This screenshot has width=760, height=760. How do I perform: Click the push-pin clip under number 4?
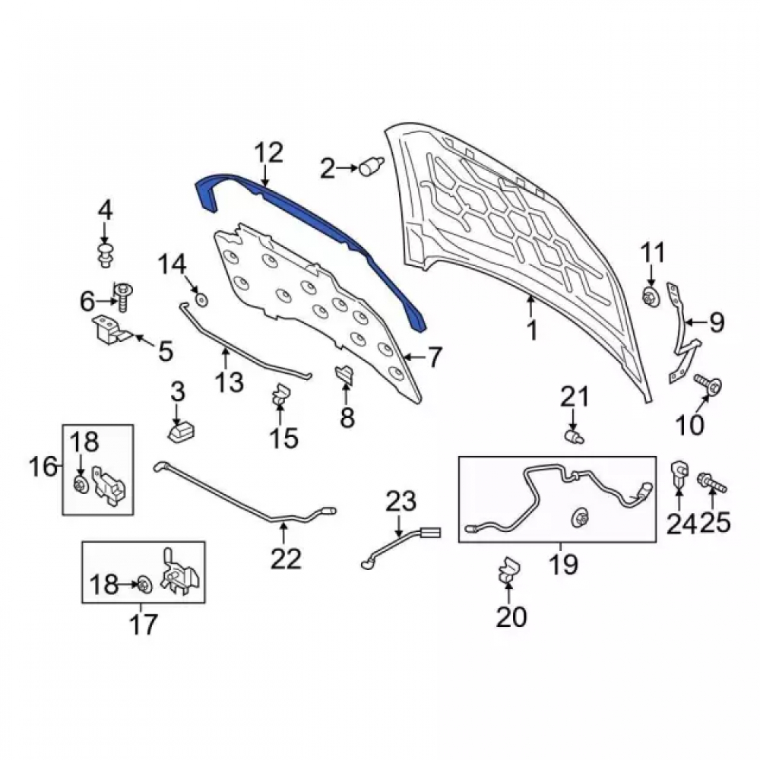point(105,255)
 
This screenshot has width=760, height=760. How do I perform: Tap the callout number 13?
point(230,382)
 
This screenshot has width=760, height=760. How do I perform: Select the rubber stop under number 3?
point(181,432)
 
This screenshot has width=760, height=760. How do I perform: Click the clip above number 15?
point(280,394)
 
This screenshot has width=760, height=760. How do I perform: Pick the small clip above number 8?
point(344,375)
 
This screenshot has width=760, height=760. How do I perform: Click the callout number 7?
point(434,356)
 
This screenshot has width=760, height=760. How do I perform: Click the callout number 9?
point(717,321)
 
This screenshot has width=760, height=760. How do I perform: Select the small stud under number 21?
point(575,437)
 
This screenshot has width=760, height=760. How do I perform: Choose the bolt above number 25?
point(712,482)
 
